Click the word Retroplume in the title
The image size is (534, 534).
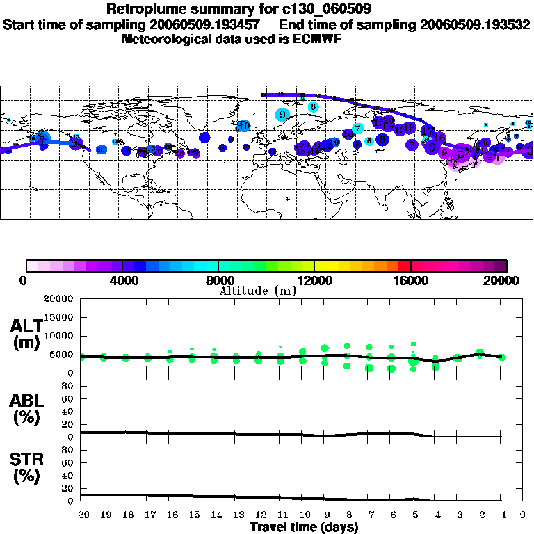pyautogui.click(x=142, y=9)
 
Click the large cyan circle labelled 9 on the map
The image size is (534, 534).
pyautogui.click(x=282, y=115)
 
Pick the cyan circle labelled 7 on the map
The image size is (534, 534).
pyautogui.click(x=357, y=129)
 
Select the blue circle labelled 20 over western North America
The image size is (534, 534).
pyautogui.click(x=102, y=149)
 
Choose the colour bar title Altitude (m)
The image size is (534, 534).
pyautogui.click(x=258, y=291)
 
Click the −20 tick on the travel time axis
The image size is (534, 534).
pyautogui.click(x=81, y=515)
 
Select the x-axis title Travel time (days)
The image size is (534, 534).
pyautogui.click(x=304, y=527)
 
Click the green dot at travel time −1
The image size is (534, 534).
pyautogui.click(x=501, y=357)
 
